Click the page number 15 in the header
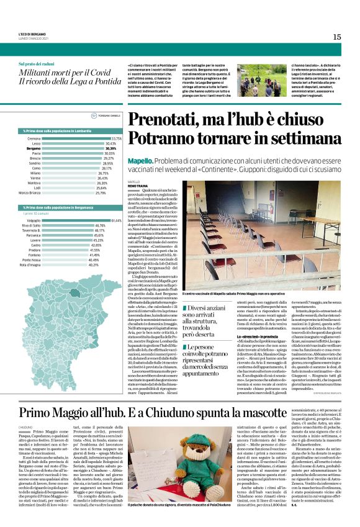tap(336, 37)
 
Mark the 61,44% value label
tap(116, 220)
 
